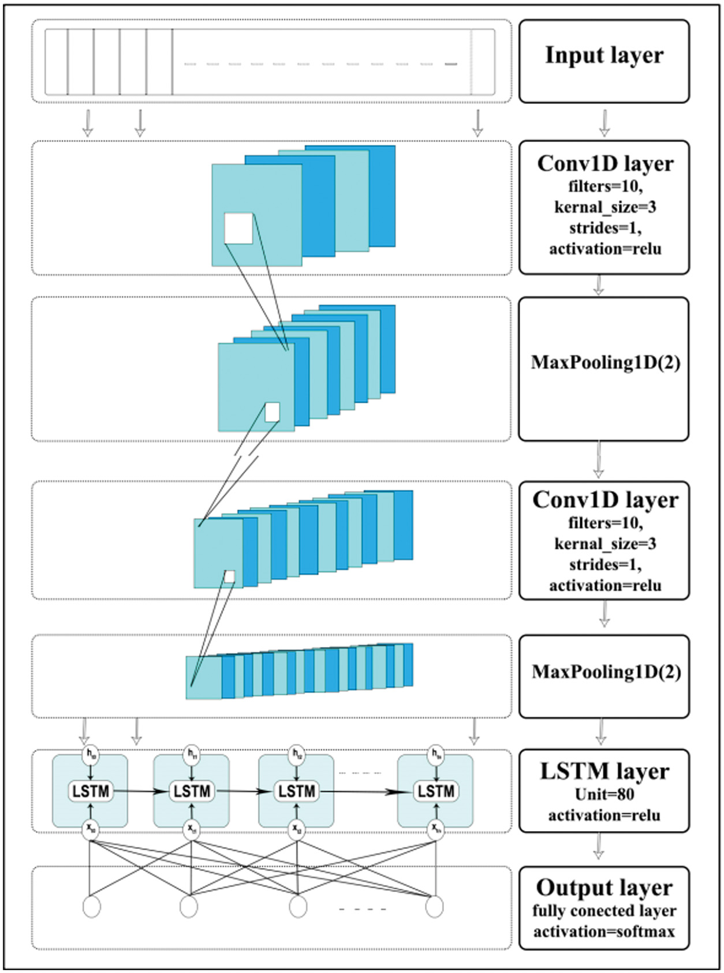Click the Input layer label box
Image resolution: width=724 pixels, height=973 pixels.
[604, 61]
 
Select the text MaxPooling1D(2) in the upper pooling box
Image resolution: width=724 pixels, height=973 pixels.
[604, 362]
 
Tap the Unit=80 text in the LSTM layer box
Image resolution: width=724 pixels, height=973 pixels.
[604, 795]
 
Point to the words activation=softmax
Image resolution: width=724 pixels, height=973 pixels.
[604, 931]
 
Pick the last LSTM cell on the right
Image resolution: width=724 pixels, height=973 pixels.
[436, 791]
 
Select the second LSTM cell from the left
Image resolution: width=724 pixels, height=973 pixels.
[192, 791]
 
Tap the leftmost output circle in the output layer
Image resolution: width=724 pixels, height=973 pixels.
[92, 906]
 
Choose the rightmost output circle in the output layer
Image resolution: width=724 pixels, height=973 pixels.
[434, 906]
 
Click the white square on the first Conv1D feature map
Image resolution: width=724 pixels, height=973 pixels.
[238, 228]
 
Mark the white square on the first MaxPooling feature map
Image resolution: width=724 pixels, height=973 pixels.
[272, 412]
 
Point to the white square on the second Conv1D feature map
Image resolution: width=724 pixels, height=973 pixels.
[230, 576]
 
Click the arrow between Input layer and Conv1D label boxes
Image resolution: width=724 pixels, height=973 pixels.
[604, 123]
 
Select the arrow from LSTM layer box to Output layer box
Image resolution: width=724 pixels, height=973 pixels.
[599, 847]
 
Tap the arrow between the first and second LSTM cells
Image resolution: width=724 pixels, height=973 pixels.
[140, 791]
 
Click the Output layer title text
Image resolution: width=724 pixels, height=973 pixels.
[604, 888]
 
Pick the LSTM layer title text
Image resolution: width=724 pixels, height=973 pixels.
[604, 772]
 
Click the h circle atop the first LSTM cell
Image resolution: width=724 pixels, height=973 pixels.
[91, 753]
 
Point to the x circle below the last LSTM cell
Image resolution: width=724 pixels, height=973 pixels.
[436, 829]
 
